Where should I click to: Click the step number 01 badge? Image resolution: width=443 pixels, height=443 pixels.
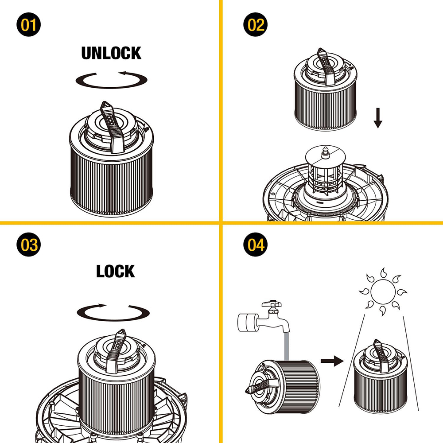click(28, 24)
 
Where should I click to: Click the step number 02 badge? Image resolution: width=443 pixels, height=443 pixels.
click(256, 24)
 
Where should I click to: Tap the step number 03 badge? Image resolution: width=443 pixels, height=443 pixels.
click(28, 245)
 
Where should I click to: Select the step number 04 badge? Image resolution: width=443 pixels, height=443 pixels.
click(256, 245)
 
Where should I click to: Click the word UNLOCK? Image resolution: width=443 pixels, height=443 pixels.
click(111, 53)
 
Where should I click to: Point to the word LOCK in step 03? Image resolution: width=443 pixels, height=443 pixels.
click(116, 271)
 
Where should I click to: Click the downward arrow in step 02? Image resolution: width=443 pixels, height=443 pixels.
click(378, 118)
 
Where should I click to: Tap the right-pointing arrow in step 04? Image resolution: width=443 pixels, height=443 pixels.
click(332, 361)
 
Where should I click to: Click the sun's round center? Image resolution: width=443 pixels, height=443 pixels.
click(383, 292)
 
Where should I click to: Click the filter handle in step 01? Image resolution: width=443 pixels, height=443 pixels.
click(112, 127)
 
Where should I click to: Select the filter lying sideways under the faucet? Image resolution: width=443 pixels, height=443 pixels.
click(283, 386)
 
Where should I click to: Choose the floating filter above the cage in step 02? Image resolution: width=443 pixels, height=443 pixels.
click(325, 89)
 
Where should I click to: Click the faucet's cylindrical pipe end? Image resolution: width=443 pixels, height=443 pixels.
click(247, 323)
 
